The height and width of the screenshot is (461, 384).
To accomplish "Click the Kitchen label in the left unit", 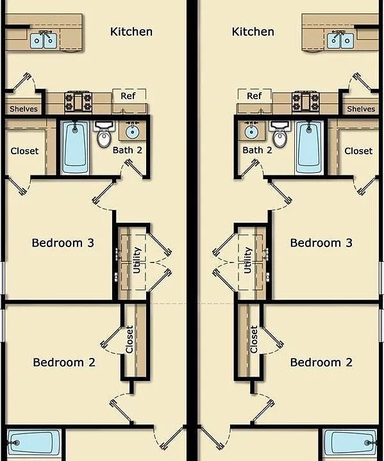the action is click(x=131, y=32).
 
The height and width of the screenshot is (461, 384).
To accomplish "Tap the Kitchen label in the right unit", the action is click(x=253, y=32).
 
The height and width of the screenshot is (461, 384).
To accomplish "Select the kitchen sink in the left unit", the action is click(x=44, y=40).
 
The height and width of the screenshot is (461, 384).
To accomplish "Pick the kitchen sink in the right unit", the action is click(x=340, y=40).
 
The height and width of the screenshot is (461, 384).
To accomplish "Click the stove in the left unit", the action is click(x=78, y=102).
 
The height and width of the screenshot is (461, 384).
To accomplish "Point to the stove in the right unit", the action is click(x=306, y=102).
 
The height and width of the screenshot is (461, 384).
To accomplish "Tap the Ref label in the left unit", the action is click(x=128, y=96).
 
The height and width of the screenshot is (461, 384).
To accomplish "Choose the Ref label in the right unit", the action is click(x=255, y=96).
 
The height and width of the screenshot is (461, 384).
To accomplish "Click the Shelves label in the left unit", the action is click(x=24, y=109).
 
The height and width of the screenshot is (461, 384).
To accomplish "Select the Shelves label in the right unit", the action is click(x=361, y=109).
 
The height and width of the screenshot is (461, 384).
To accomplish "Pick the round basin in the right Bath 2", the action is click(x=251, y=131).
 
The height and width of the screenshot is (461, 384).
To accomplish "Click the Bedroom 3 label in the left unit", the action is click(x=63, y=243).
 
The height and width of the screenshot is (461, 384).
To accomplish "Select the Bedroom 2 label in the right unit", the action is click(x=321, y=362).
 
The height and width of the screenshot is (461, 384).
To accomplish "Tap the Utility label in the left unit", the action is click(x=137, y=260).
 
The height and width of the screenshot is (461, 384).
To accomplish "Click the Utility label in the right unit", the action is click(x=247, y=260).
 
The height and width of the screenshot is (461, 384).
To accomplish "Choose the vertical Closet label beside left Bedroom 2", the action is click(x=129, y=339).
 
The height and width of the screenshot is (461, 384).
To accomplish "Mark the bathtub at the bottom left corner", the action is click(x=33, y=443).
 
